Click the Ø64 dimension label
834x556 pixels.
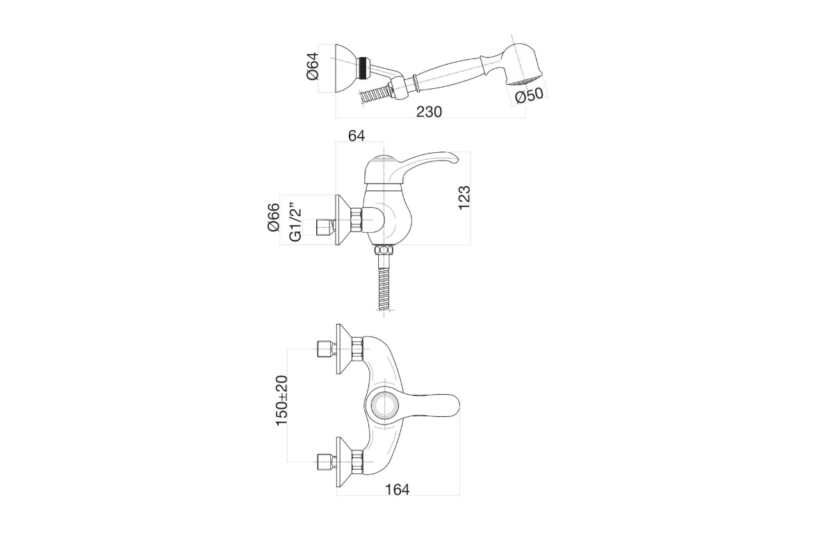pos(313,66)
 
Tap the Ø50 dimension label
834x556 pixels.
pos(529,96)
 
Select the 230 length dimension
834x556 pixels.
pos(429,112)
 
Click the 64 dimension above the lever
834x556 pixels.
pos(357,136)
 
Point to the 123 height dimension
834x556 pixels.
pos(464,198)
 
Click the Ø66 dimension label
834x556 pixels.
pos(273,217)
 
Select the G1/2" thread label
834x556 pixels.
pos(295,222)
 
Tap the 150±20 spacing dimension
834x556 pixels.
pos(281,401)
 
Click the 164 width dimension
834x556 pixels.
pos(398,490)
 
